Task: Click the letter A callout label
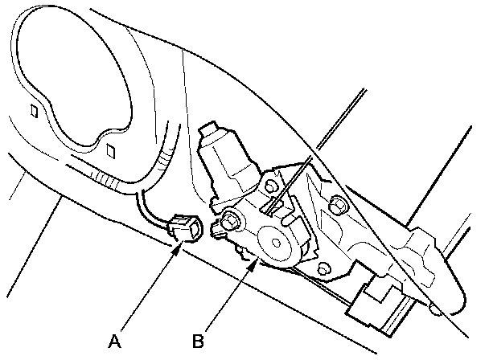click(x=115, y=341)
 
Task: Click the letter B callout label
click(x=198, y=341)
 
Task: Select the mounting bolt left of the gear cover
click(x=232, y=219)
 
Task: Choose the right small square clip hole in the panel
click(x=110, y=150)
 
